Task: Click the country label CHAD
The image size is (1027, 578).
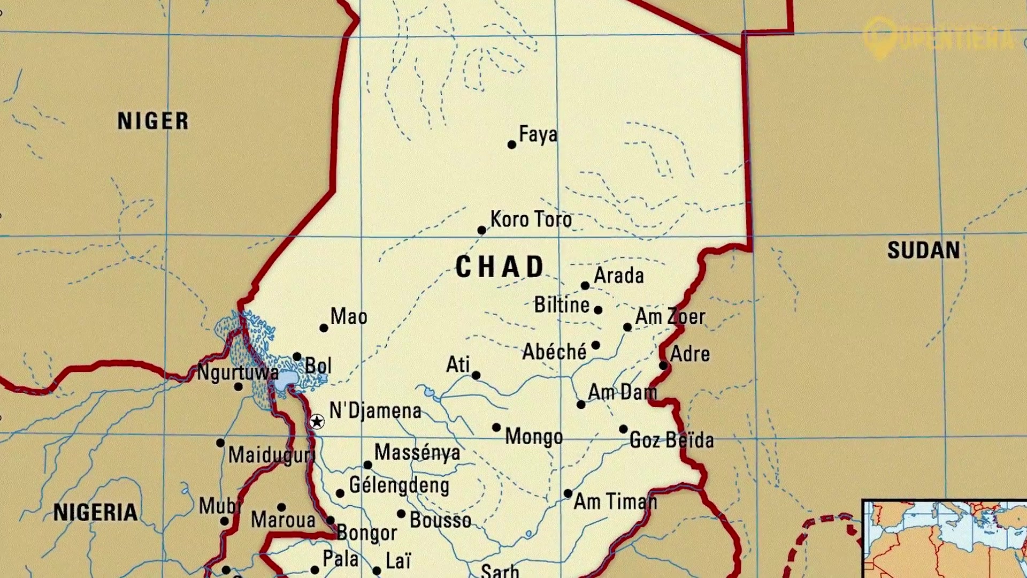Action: click(x=500, y=267)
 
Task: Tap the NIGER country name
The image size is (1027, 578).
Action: click(x=153, y=121)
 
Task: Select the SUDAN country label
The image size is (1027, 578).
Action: click(x=923, y=250)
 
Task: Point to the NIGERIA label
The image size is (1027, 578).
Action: click(x=95, y=512)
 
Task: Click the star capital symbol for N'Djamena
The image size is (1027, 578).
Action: click(x=317, y=422)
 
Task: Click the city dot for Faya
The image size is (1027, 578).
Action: click(x=511, y=144)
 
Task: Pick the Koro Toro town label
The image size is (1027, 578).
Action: click(x=531, y=219)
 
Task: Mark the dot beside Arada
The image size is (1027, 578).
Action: click(x=585, y=286)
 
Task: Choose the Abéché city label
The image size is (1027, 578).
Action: click(x=554, y=352)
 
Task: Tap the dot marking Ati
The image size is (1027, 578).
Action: click(x=476, y=376)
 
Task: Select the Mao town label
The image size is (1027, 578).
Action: click(x=349, y=316)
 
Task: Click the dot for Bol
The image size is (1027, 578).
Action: click(x=297, y=356)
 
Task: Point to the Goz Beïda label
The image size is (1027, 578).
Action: click(x=671, y=440)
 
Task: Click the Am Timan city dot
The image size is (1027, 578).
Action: click(x=568, y=493)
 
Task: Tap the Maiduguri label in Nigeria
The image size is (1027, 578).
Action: click(x=271, y=455)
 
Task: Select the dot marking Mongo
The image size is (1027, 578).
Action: click(x=496, y=428)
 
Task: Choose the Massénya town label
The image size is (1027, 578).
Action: click(x=417, y=453)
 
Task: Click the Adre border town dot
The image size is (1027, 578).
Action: click(x=663, y=366)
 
